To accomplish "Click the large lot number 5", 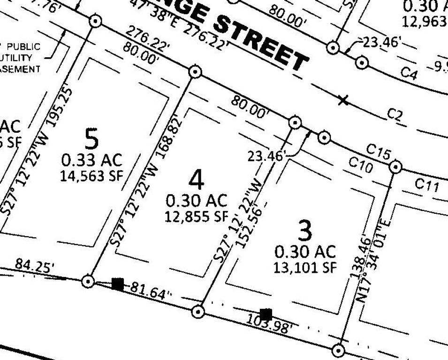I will click(x=92, y=139).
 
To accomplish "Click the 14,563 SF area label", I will click(x=91, y=175).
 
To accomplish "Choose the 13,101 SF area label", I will click(x=305, y=268).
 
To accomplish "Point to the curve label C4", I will click(x=409, y=74).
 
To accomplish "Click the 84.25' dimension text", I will click(x=35, y=265).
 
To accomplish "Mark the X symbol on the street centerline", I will click(x=343, y=100).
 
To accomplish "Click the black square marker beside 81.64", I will click(x=118, y=284).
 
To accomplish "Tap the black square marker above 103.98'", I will click(x=266, y=314).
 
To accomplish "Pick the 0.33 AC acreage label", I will click(x=92, y=160).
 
